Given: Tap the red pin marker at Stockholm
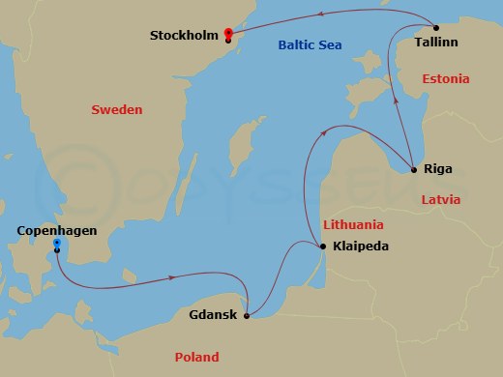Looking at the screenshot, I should click(x=228, y=32).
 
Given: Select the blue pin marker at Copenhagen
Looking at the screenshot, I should click(x=57, y=244).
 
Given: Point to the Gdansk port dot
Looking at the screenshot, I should click(x=248, y=315).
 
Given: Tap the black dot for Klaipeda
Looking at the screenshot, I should click(x=322, y=246).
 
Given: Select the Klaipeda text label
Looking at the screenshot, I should click(x=360, y=246).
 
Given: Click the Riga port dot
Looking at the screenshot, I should click(x=414, y=170).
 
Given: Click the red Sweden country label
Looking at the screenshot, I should click(x=116, y=110).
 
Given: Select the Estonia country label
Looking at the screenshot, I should click(x=446, y=78).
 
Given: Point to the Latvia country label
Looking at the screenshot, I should click(x=444, y=199).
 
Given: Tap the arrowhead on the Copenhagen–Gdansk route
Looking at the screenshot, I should click(x=172, y=277).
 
